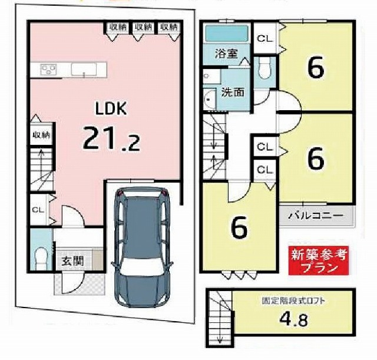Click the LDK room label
(x=111, y=108)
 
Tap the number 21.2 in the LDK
(x=111, y=139)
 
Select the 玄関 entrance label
(x=72, y=261)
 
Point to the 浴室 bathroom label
(x=226, y=54)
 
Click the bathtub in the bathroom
(x=226, y=34)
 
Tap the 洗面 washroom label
(x=233, y=92)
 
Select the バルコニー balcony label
(x=316, y=215)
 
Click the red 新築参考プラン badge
(x=319, y=260)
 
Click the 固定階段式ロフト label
(x=293, y=301)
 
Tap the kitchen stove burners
(x=48, y=70)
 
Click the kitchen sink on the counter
(x=84, y=70)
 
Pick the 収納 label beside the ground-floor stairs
(x=42, y=135)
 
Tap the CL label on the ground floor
(x=38, y=210)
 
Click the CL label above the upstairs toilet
(x=265, y=38)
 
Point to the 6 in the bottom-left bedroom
(x=239, y=227)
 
